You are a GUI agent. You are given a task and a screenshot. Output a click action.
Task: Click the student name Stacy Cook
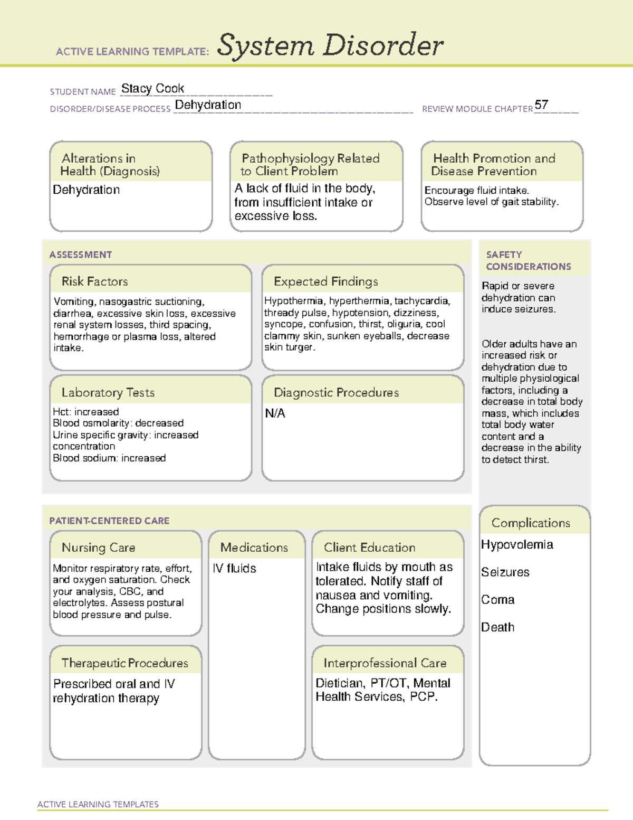[x=152, y=89]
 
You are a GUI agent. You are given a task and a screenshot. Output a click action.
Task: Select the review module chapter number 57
[x=541, y=105]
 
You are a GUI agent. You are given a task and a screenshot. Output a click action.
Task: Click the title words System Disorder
[x=330, y=45]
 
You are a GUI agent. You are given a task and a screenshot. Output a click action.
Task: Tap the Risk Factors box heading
[x=94, y=281]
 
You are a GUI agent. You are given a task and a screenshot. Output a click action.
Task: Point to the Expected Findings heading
[x=325, y=281]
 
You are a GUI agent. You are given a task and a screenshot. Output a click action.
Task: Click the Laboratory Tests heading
[x=108, y=392]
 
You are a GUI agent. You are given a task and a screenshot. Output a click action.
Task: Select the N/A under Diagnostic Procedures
[x=275, y=413]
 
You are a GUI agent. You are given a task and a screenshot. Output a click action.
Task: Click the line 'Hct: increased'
[x=85, y=411]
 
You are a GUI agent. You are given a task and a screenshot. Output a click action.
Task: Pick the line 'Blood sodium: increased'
[x=109, y=458]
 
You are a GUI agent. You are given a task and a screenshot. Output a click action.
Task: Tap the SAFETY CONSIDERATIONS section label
[x=528, y=260]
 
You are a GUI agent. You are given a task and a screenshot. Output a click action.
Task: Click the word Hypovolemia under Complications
[x=517, y=544]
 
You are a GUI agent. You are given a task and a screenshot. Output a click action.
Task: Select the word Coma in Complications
[x=497, y=600]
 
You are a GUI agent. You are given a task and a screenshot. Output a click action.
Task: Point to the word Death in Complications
[x=497, y=627]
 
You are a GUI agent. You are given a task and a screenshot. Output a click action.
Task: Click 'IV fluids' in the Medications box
[x=234, y=568]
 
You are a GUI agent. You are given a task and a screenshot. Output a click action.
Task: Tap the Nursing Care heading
[x=98, y=548]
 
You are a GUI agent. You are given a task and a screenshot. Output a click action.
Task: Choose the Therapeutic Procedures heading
[x=124, y=663]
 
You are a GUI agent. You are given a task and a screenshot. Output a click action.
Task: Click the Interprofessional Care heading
[x=385, y=663]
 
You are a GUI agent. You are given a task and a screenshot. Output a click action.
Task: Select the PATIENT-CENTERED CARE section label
[x=109, y=521]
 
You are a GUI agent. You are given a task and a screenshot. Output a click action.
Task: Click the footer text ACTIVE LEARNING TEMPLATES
[x=98, y=804]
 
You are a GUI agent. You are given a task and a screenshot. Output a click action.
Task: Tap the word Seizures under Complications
[x=505, y=572]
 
